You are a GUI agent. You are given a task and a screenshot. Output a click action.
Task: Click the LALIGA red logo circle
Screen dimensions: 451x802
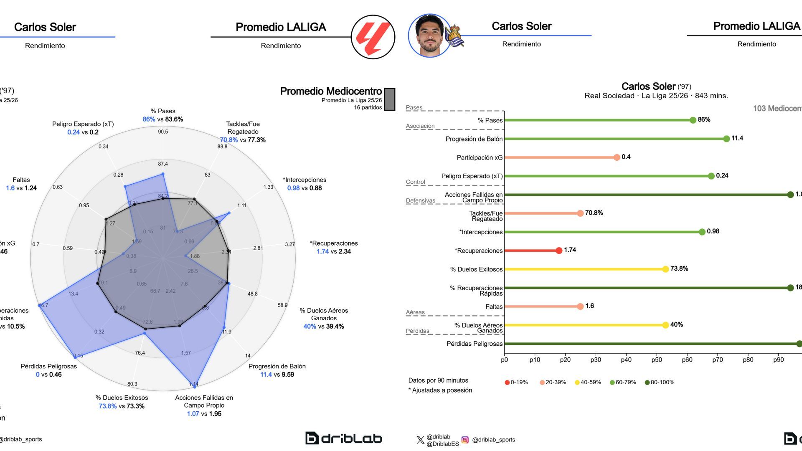coord(373,37)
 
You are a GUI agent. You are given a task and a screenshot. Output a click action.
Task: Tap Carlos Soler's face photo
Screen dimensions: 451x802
coord(429,36)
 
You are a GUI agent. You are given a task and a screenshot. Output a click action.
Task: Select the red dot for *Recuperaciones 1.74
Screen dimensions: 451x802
coord(559,251)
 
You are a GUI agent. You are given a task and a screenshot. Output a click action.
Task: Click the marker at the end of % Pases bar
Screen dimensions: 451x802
coord(693,120)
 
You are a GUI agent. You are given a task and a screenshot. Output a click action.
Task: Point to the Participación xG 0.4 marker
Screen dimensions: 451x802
coord(617,157)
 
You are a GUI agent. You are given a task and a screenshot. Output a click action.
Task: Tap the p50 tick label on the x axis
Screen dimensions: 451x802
coord(656,360)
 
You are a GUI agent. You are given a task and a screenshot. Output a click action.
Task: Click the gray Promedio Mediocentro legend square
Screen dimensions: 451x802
coord(389,99)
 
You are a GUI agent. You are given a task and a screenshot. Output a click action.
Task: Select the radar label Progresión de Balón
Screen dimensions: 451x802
coord(277,366)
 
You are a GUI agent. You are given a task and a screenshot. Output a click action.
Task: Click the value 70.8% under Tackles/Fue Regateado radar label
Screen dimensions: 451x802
coord(228,140)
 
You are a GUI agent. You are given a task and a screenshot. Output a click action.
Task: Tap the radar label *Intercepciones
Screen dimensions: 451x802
coord(305,180)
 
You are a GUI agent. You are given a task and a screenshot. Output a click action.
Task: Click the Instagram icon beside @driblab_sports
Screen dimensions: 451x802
coord(465,440)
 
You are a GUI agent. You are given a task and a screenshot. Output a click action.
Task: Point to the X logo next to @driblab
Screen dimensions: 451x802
coord(420,440)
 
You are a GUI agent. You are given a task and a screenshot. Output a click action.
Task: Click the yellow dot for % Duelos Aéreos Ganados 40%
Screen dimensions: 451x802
coord(665,325)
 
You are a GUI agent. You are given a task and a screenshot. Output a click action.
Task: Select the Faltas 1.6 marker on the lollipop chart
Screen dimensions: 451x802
coord(580,307)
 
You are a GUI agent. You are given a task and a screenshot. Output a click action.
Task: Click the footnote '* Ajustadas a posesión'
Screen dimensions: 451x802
coord(440,390)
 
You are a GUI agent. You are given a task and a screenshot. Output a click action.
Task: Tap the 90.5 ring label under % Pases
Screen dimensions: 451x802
coord(163,132)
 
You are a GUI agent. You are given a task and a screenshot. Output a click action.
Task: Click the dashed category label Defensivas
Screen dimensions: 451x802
coord(420,201)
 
